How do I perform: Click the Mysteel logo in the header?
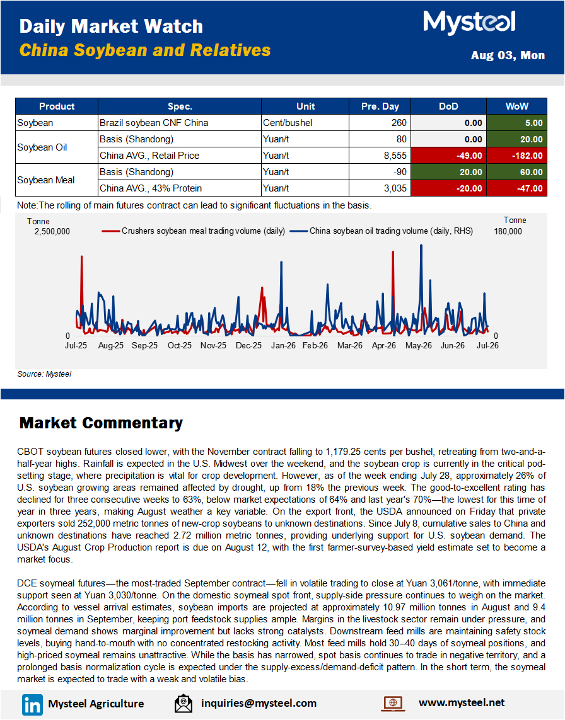tap(469, 22)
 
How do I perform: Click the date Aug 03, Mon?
tap(508, 55)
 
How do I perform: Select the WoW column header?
tap(516, 106)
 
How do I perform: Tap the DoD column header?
tap(449, 106)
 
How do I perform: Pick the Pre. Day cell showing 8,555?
tap(380, 156)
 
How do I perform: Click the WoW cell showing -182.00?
tap(516, 156)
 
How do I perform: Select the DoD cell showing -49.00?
tap(449, 156)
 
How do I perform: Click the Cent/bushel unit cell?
tap(305, 123)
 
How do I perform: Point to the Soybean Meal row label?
tap(46, 180)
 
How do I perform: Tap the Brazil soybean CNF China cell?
tap(180, 123)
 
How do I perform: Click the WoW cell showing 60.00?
tap(516, 172)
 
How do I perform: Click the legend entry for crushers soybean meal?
tap(194, 231)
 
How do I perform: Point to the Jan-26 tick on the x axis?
tap(283, 345)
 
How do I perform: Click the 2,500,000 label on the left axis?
tap(52, 231)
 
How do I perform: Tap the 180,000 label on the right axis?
tap(508, 231)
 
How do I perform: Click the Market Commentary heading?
tap(101, 423)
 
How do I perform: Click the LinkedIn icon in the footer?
tap(32, 704)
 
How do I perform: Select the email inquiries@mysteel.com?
tap(259, 703)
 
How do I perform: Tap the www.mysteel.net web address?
tap(462, 702)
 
